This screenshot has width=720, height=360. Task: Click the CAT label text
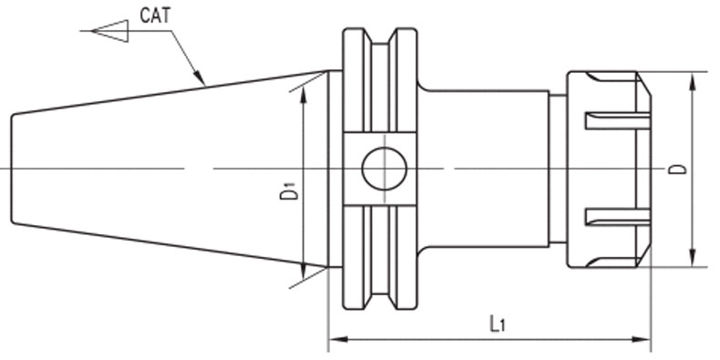[155, 15]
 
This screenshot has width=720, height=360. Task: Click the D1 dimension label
[289, 190]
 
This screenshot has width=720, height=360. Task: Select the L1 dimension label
[498, 324]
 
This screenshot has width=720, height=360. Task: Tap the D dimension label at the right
[678, 169]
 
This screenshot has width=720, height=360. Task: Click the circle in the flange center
[385, 169]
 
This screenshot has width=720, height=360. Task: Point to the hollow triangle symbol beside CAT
[109, 31]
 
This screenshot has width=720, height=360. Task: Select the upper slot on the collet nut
[618, 121]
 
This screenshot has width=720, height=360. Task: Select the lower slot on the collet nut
[618, 217]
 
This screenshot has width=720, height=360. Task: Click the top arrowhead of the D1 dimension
[303, 94]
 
